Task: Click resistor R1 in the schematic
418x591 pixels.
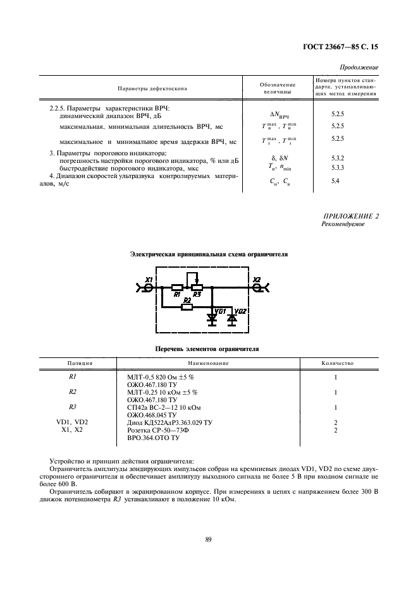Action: (178, 288)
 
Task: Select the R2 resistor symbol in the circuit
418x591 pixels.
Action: (187, 307)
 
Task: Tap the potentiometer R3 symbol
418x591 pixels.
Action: (197, 288)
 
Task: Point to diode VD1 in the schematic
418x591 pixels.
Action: (211, 319)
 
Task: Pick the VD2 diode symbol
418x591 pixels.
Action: (232, 319)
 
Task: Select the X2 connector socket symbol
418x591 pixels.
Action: (257, 287)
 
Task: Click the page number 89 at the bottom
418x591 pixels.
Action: (208, 538)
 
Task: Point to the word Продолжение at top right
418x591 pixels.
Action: (359, 67)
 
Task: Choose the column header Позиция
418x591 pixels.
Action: (80, 364)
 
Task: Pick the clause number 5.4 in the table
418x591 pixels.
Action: (336, 181)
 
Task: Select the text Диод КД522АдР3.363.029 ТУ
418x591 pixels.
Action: (169, 422)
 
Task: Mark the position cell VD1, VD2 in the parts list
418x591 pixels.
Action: (72, 422)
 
